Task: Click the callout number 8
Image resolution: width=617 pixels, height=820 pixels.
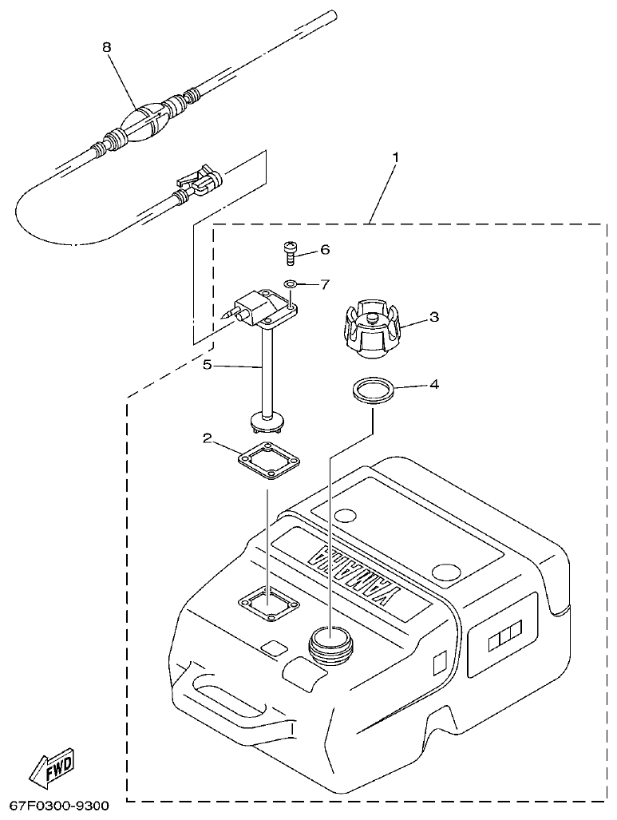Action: [x=107, y=47]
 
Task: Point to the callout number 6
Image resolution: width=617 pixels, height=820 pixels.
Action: [x=324, y=250]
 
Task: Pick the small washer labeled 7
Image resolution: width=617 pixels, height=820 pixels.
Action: [x=291, y=283]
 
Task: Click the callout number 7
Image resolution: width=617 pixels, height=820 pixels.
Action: [x=324, y=284]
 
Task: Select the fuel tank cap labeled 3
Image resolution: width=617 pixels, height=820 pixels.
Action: [x=373, y=327]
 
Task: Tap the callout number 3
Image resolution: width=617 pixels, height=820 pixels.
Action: [x=433, y=317]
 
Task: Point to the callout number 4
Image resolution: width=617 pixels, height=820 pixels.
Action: [x=433, y=384]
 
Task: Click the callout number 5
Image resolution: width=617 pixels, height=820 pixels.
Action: [x=206, y=366]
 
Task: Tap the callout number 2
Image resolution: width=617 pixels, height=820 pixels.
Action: [x=206, y=438]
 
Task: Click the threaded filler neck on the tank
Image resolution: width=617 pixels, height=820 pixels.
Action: [x=330, y=643]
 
